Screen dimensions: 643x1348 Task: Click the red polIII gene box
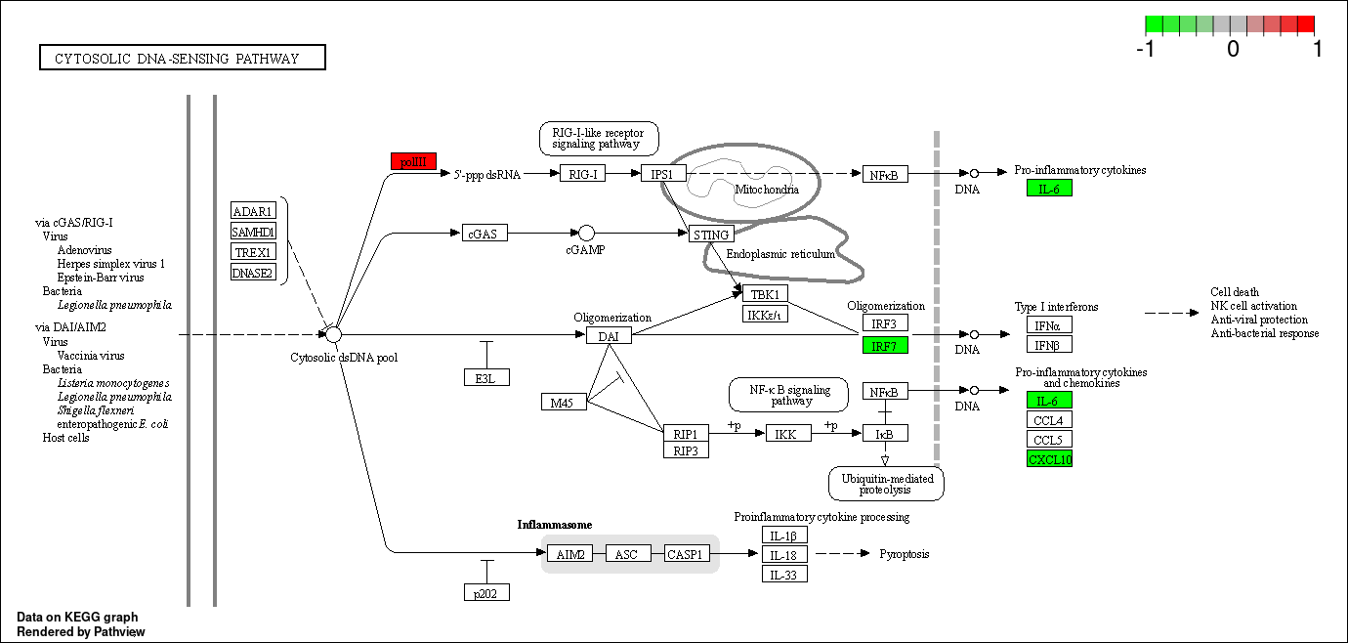[x=413, y=162]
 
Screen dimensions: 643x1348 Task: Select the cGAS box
[x=484, y=234]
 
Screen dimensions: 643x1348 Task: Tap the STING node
[x=710, y=235]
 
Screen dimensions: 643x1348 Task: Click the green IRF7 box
[x=885, y=345]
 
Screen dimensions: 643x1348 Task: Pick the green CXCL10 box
[x=1049, y=459]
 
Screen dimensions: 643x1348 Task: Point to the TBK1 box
[x=765, y=294]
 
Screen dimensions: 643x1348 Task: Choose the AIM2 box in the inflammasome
[x=570, y=554]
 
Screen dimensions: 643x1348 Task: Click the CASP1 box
[x=686, y=554]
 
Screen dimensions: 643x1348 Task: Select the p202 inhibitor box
[x=486, y=592]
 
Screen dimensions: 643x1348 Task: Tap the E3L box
[x=486, y=377]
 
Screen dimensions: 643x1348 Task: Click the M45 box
[x=564, y=402]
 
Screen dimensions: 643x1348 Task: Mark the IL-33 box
[x=784, y=574]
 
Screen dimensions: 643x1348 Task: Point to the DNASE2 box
[x=253, y=272]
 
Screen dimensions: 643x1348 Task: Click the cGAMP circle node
[x=586, y=233]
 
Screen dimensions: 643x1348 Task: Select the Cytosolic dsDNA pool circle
[x=333, y=335]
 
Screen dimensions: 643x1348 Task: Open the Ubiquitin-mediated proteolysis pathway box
[x=886, y=484]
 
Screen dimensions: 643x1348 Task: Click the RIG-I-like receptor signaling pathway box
[x=599, y=139]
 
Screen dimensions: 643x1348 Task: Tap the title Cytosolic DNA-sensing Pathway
[x=183, y=59]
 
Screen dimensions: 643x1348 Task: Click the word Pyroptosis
[x=905, y=554]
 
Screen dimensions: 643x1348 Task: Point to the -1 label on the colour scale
[x=1148, y=47]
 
